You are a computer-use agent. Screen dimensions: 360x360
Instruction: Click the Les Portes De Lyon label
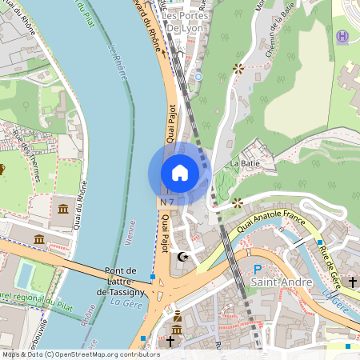(x=186, y=22)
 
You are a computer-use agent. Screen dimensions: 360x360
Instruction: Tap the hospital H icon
(x=342, y=36)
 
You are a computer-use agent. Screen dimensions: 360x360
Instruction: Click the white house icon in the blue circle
(x=180, y=173)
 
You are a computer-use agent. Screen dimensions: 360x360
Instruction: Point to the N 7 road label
(x=167, y=203)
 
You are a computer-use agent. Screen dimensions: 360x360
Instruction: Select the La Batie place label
(x=246, y=163)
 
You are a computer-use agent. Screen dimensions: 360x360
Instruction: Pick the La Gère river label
(x=126, y=301)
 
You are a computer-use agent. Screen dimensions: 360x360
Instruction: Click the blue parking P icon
(x=257, y=270)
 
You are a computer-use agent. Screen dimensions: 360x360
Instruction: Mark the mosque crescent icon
(x=185, y=257)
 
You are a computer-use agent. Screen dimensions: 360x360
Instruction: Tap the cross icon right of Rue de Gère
(x=352, y=282)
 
